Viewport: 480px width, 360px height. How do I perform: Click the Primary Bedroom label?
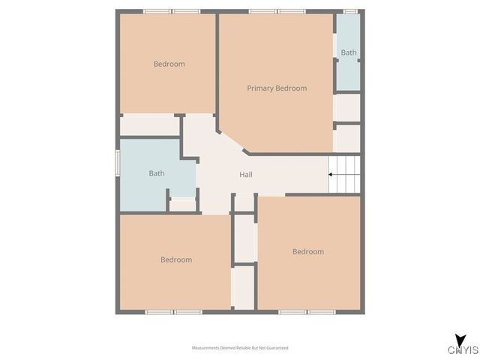277,88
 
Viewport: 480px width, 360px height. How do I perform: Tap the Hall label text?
245,175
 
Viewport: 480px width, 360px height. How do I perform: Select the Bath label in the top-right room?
349,52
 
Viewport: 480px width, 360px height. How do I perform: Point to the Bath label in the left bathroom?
156,173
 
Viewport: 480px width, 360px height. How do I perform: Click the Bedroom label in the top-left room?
169,64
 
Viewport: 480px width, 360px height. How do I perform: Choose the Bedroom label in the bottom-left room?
176,259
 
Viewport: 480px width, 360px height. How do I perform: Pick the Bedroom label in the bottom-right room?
308,251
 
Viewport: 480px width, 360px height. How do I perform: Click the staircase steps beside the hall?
345,175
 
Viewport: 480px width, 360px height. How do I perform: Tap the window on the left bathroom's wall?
117,164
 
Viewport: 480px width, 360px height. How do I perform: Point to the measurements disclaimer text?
240,348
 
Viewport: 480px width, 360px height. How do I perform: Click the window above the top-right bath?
349,11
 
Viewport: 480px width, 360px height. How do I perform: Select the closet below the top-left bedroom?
149,125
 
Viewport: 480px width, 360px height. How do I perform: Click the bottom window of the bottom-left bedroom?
174,311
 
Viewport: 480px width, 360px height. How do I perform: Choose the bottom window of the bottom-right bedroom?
308,311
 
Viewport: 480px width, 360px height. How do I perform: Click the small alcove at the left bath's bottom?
182,205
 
